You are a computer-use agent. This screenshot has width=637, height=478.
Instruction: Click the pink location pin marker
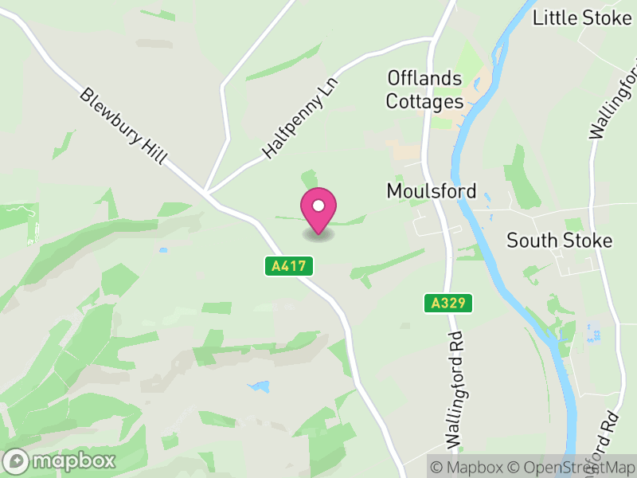pyautogui.click(x=318, y=210)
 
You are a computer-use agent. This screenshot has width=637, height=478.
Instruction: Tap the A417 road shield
pyautogui.click(x=288, y=266)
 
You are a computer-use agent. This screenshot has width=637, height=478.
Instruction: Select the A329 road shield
pyautogui.click(x=448, y=303)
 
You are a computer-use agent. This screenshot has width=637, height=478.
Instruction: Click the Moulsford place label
pyautogui.click(x=431, y=191)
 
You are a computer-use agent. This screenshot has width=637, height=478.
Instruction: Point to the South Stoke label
pyautogui.click(x=560, y=241)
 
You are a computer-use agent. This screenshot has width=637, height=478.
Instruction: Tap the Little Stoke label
pyautogui.click(x=582, y=18)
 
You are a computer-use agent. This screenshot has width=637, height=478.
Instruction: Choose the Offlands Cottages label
pyautogui.click(x=424, y=90)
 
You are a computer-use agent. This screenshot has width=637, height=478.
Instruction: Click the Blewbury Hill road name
pyautogui.click(x=123, y=127)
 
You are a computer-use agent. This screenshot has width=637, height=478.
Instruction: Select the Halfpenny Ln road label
pyautogui.click(x=301, y=117)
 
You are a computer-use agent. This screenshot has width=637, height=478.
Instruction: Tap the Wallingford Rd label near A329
pyautogui.click(x=455, y=388)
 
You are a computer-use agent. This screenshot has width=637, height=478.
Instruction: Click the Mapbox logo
pyautogui.click(x=61, y=460)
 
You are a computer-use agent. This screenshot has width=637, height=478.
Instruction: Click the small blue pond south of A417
pyautogui.click(x=259, y=387)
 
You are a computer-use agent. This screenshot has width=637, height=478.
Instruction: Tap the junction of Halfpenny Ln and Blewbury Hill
pyautogui.click(x=206, y=193)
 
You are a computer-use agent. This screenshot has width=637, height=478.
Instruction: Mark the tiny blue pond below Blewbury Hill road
pyautogui.click(x=163, y=250)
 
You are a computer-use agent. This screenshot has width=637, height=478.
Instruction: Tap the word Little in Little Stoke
pyautogui.click(x=555, y=18)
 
